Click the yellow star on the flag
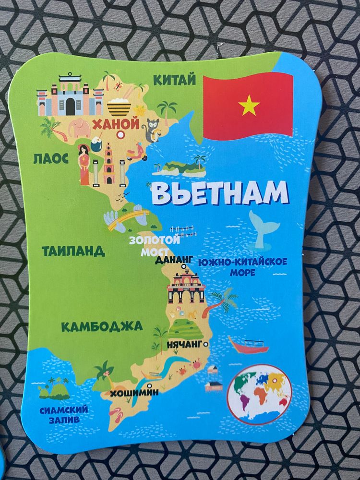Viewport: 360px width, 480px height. click(249, 105)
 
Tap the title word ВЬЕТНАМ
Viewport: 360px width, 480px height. click(220, 193)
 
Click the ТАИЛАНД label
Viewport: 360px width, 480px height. click(73, 251)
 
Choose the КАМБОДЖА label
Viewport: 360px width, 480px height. click(102, 327)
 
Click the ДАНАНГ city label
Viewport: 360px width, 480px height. click(174, 260)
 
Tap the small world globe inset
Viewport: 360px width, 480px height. click(259, 391)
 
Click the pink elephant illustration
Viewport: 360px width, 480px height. click(79, 129)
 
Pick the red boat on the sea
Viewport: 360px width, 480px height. click(248, 345)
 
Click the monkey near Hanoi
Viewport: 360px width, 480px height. click(153, 128)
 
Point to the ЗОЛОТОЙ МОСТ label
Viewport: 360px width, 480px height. click(154, 245)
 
